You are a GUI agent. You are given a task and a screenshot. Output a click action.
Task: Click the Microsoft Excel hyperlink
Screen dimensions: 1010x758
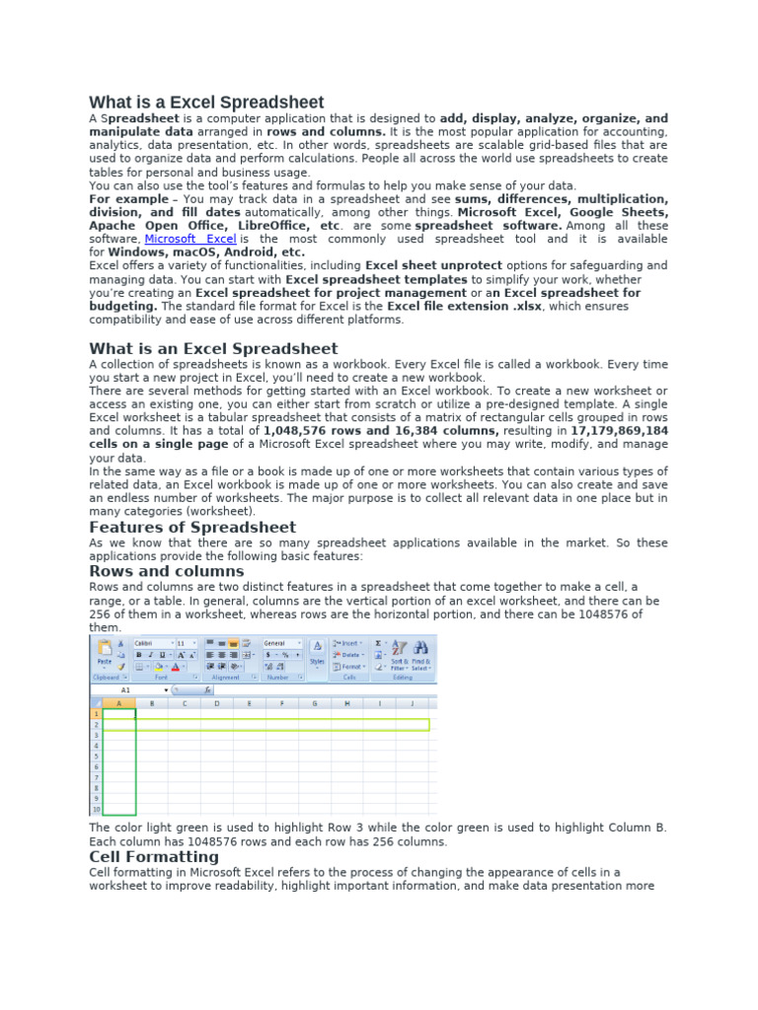(x=189, y=239)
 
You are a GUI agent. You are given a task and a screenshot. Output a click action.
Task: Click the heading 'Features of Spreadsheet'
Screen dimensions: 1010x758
(x=192, y=528)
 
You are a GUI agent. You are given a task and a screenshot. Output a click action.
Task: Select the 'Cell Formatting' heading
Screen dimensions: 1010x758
(x=154, y=857)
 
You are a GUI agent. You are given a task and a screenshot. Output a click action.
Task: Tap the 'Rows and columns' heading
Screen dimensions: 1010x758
(x=167, y=571)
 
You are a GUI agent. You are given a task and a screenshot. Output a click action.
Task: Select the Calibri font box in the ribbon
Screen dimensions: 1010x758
(x=152, y=643)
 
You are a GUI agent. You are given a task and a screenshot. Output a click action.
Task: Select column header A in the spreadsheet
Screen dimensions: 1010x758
(x=119, y=703)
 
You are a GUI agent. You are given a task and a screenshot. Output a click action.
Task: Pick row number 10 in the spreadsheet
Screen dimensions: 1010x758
(x=96, y=810)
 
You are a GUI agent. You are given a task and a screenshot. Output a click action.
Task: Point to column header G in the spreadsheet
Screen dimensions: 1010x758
(x=314, y=703)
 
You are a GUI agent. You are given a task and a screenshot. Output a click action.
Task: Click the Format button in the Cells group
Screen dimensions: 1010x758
(x=350, y=667)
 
